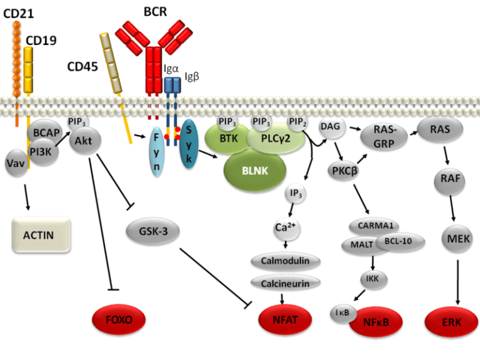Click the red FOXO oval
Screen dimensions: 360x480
point(119,320)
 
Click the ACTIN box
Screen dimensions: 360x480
point(39,236)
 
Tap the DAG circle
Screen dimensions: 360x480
point(329,126)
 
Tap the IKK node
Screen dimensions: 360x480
point(372,279)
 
